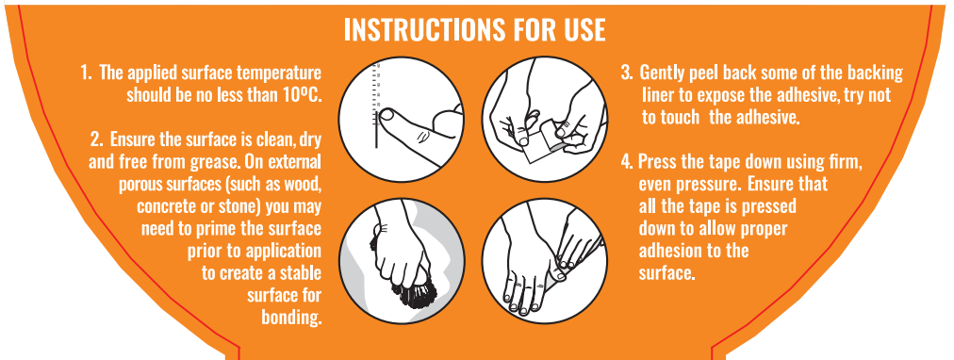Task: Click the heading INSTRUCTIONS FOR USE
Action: [x=474, y=29]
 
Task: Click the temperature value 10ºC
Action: [x=302, y=95]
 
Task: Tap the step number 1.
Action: [x=86, y=74]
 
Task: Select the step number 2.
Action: [x=96, y=139]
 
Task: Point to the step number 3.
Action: [x=627, y=73]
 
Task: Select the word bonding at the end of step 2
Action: [x=291, y=317]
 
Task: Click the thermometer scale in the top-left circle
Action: [x=377, y=105]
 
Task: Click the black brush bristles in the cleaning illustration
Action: [x=414, y=293]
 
